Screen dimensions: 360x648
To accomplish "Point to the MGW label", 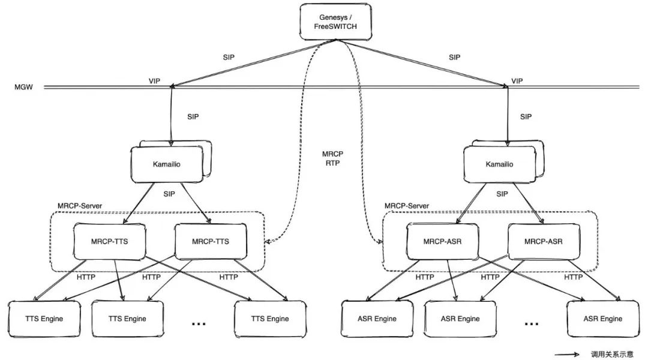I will (23, 88).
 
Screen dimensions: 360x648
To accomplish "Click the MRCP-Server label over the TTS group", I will (80, 205).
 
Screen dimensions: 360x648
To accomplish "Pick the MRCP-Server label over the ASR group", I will (407, 205).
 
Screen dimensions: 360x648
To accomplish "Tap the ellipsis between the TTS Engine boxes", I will (199, 323).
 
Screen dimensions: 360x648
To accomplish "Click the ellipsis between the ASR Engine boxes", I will (532, 323).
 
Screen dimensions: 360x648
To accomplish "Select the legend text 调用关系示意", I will (612, 353).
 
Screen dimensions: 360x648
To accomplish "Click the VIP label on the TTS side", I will (155, 80).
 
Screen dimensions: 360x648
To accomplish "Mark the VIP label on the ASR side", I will (517, 80).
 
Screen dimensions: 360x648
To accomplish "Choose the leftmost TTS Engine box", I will (44, 319).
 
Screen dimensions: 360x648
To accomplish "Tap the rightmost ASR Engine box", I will (602, 319).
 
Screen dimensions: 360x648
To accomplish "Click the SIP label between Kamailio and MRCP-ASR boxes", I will (502, 194).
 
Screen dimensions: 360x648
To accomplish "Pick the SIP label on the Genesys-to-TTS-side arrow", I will (228, 58).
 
